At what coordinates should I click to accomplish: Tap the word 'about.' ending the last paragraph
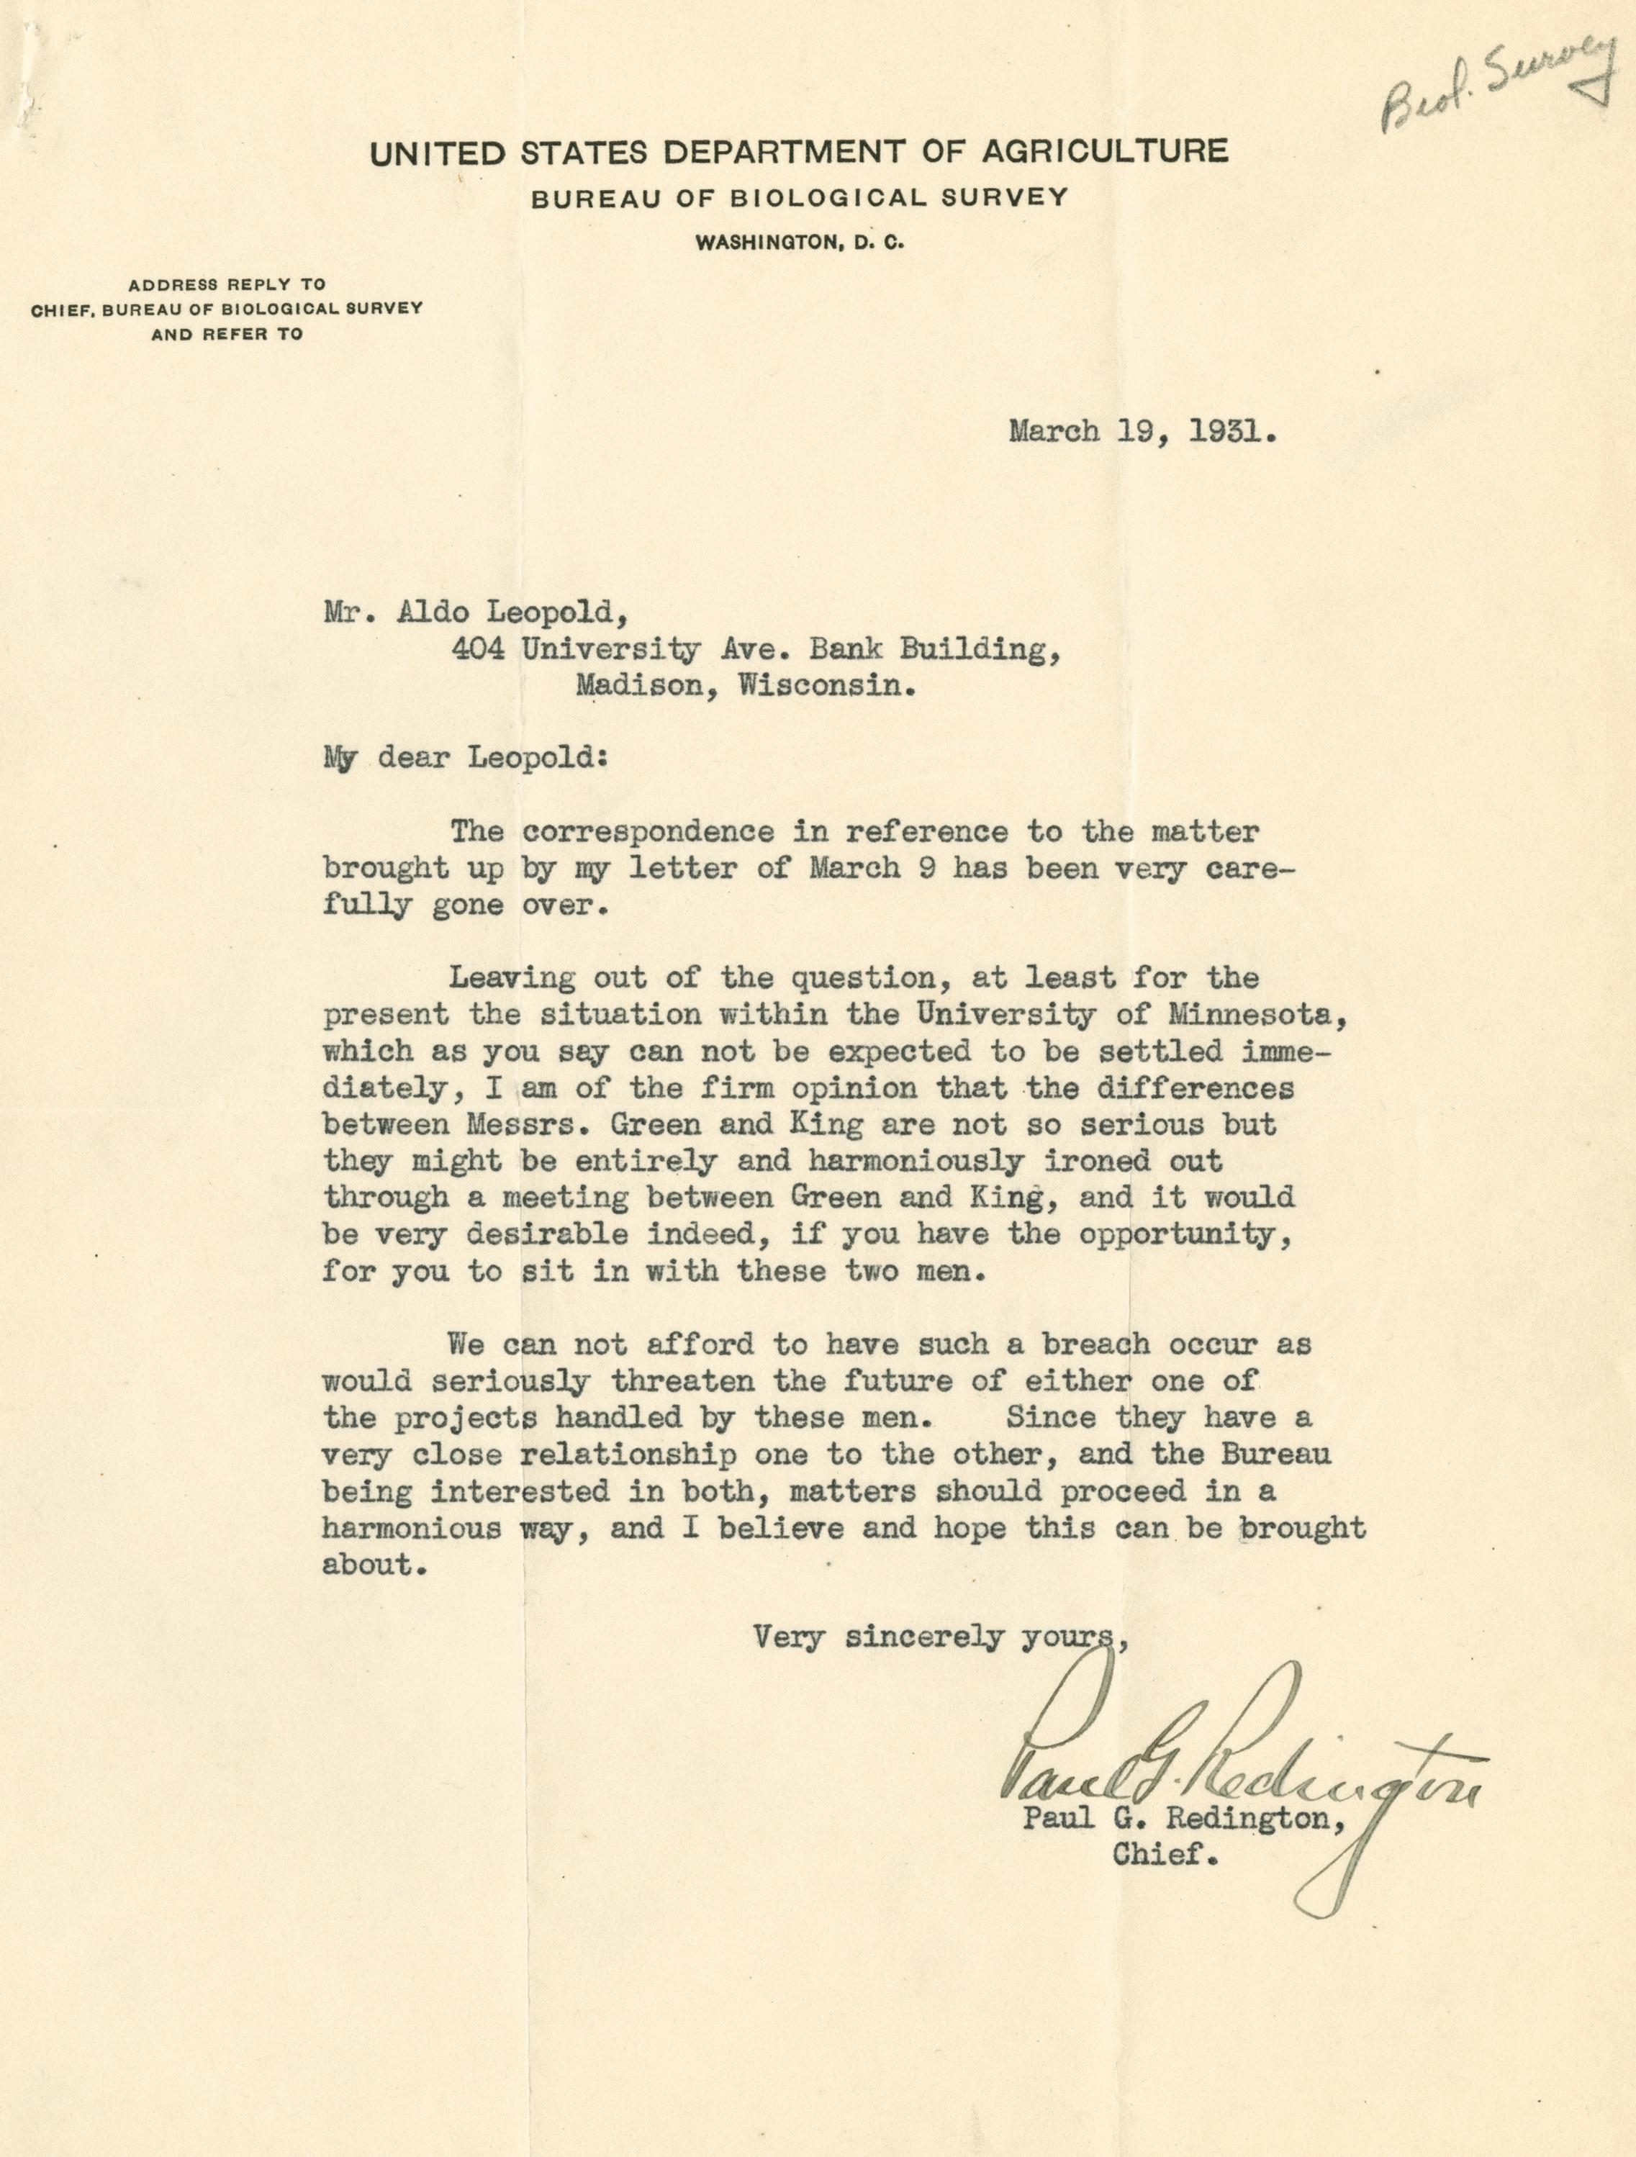tap(374, 1564)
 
